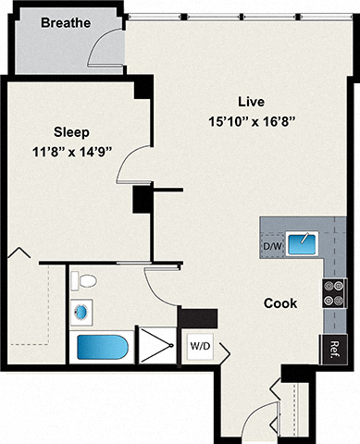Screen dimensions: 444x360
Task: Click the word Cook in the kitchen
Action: point(279,302)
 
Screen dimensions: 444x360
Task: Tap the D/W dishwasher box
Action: point(272,246)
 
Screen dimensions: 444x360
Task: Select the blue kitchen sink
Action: point(302,244)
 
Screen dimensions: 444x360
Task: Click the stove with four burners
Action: point(332,293)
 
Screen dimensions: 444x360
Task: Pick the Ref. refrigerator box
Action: point(333,349)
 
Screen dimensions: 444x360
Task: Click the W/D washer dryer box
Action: point(199,346)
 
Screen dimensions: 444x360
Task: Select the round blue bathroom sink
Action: point(82,313)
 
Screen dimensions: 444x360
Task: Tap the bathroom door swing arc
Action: point(163,290)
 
